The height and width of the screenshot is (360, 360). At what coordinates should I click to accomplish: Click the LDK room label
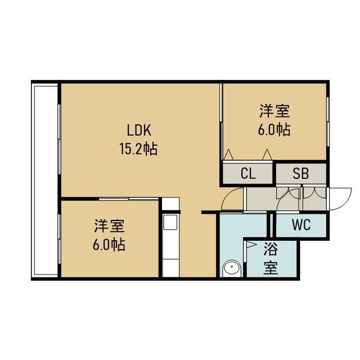pos(139,130)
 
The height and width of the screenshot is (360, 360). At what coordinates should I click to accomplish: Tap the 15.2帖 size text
pos(138,149)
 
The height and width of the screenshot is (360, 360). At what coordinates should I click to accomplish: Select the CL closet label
pos(248,173)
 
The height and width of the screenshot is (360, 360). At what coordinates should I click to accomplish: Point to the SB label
pos(301,173)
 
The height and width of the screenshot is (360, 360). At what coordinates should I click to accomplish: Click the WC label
pos(301,225)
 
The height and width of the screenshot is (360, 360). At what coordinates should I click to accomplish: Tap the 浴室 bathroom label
pos(271,258)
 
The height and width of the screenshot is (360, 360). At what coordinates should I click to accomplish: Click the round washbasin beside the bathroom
pos(232,268)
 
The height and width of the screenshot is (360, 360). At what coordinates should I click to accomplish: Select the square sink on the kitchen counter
pos(170,222)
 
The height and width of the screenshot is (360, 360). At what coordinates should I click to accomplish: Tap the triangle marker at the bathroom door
pos(251,245)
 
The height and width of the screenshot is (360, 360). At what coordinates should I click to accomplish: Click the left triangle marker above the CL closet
pos(228,155)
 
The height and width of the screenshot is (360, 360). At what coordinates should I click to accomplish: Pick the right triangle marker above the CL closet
pos(267,155)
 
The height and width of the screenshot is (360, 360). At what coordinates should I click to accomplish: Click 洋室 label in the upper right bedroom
pos(274,111)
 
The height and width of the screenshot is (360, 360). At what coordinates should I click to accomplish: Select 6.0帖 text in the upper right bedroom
pos(274,130)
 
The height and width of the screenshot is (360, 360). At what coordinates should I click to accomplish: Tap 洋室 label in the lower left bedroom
pos(110,226)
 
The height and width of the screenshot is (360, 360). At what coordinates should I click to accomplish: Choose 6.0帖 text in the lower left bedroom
pos(109,245)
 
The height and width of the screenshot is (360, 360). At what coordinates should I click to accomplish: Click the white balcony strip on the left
pos(46,180)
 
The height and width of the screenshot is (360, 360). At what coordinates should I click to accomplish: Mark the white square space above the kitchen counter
pos(170,204)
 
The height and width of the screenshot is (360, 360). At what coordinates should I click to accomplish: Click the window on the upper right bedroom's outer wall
pos(328,121)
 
